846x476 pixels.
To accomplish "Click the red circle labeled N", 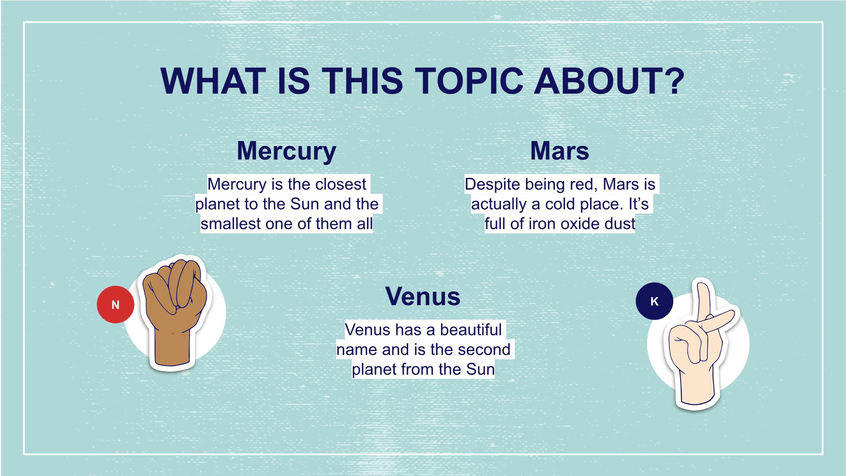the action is pos(116,304).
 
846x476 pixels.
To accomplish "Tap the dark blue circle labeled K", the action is pos(654,301).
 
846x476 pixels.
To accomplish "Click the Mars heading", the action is pos(560,151).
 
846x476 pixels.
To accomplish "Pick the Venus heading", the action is pos(423,296).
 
